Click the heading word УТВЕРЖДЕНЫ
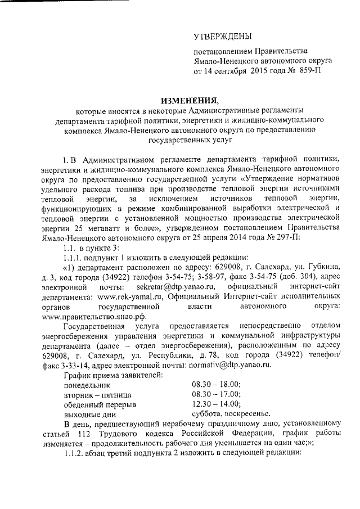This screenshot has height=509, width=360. pyautogui.click(x=223, y=37)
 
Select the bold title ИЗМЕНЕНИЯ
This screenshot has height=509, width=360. pyautogui.click(x=189, y=100)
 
